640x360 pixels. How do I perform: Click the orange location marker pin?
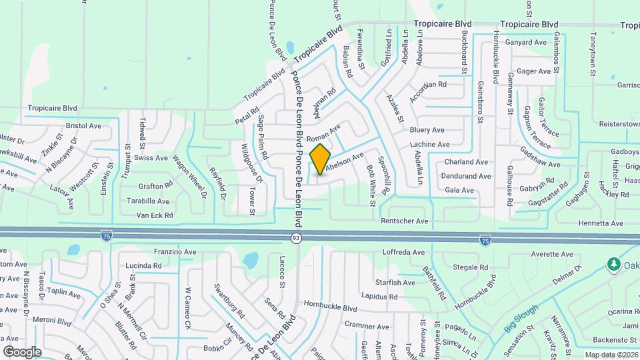pyautogui.click(x=320, y=159)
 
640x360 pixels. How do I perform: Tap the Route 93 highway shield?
pyautogui.click(x=295, y=237)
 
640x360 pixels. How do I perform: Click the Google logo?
pyautogui.click(x=22, y=351)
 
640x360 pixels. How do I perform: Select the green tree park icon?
pyautogui.click(x=613, y=265)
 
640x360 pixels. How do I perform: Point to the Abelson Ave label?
pyautogui.click(x=344, y=163)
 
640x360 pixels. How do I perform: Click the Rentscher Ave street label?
pyautogui.click(x=404, y=221)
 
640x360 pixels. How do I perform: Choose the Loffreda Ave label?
pyautogui.click(x=403, y=253)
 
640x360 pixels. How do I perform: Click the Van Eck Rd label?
pyautogui.click(x=154, y=215)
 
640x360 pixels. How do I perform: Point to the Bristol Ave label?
pyautogui.click(x=83, y=125)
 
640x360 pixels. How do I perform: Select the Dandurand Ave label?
pyautogui.click(x=467, y=177)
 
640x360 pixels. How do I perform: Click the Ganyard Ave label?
pyautogui.click(x=527, y=42)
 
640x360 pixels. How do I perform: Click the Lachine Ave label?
pyautogui.click(x=430, y=144)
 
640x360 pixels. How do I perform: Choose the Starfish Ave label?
pyautogui.click(x=396, y=283)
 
